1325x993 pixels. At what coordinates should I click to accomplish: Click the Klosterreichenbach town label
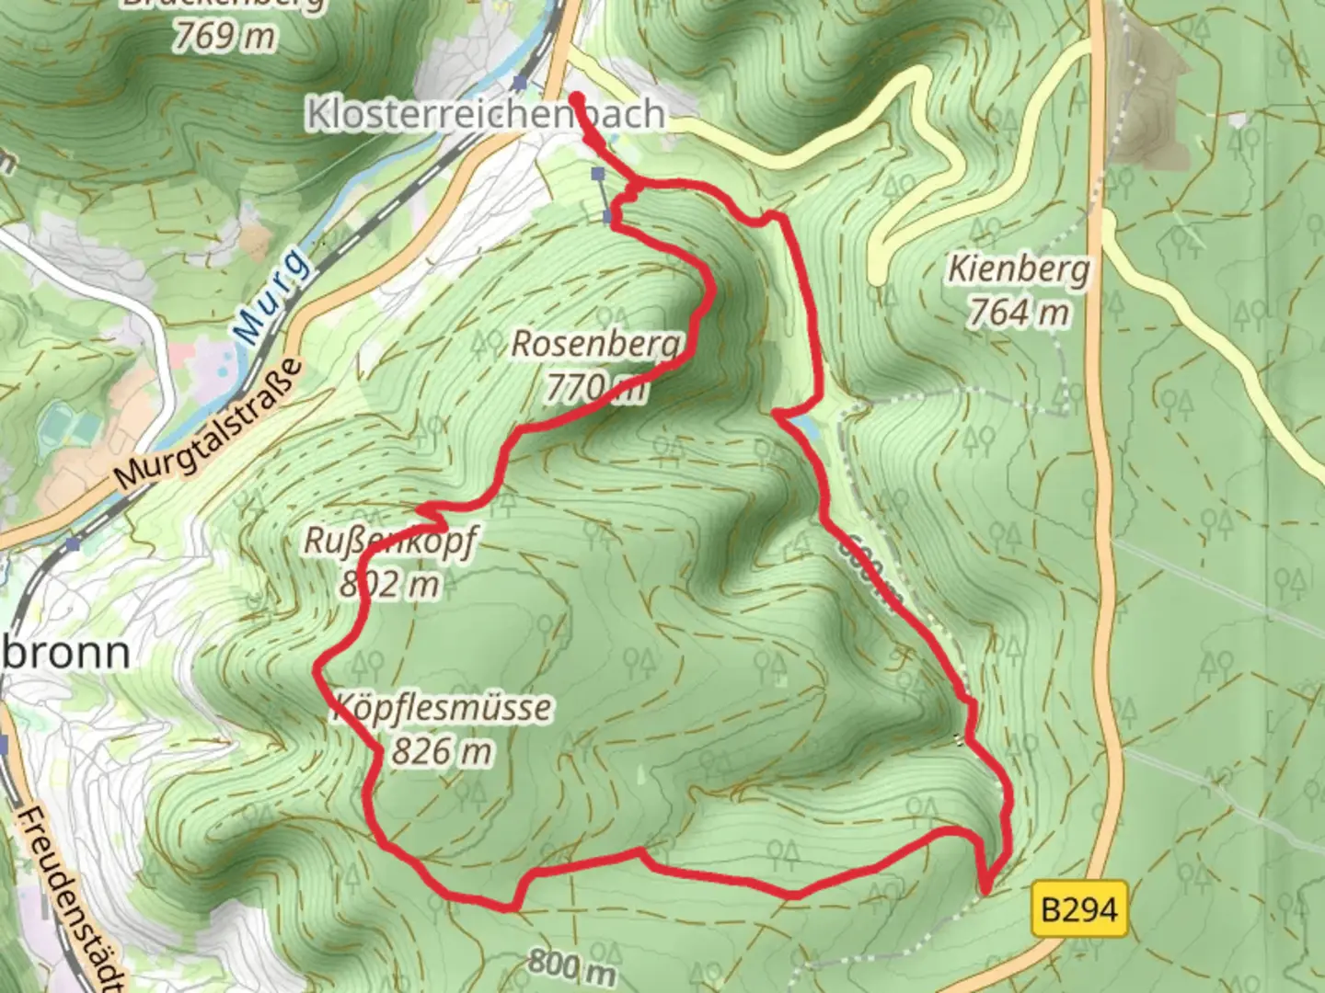485,114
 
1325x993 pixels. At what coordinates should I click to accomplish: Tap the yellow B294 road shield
1079,910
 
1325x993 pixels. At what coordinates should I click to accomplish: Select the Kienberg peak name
1019,270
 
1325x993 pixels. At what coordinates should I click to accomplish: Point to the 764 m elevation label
1019,313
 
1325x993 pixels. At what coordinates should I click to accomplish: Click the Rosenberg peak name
597,345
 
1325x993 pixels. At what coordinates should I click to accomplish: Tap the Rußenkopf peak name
390,542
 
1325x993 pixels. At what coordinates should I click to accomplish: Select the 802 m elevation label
390,584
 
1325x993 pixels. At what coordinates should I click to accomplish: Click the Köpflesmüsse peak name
442,709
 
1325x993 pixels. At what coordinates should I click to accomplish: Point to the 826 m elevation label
442,751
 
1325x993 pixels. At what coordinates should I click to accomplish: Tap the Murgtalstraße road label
210,425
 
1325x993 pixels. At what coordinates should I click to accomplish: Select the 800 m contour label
571,965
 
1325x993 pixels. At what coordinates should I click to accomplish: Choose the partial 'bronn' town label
66,653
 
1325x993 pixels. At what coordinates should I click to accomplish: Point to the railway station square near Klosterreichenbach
522,84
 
